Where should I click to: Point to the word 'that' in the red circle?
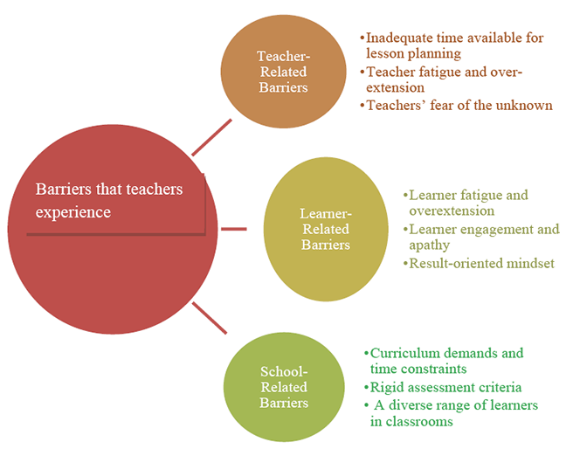(x=108, y=190)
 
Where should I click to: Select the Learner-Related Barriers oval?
(x=325, y=229)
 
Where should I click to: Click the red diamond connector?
(x=237, y=230)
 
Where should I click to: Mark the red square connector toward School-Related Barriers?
(x=215, y=324)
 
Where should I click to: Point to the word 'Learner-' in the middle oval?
(x=326, y=213)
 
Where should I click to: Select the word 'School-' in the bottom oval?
(x=284, y=371)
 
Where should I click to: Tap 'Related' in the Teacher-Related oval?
(x=283, y=73)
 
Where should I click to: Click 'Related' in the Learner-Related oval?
(x=326, y=229)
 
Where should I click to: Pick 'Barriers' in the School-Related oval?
(x=284, y=403)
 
